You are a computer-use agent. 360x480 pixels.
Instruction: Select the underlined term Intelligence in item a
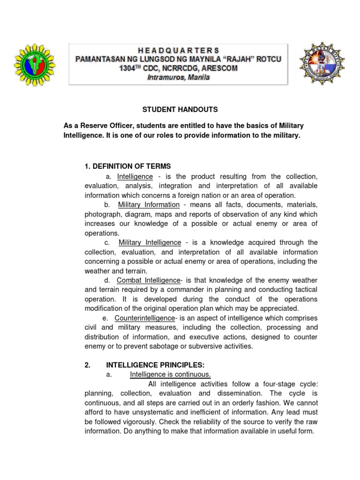[135, 176]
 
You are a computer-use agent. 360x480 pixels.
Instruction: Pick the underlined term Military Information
[149, 205]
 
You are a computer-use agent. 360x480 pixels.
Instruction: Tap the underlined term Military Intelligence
[150, 242]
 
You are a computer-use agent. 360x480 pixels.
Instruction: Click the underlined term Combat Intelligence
[148, 280]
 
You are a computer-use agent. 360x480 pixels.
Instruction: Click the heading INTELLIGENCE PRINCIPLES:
[156, 365]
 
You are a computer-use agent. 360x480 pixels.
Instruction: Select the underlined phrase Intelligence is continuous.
[170, 375]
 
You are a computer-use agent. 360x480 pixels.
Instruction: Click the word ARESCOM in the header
[217, 68]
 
